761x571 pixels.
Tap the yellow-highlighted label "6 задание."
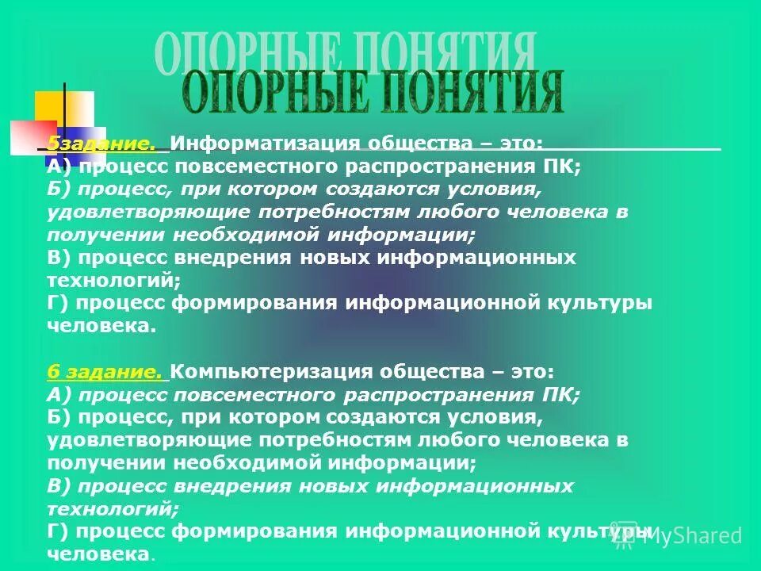tap(105, 372)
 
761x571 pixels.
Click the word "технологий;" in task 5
tap(114, 281)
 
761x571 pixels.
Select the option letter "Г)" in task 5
tap(58, 304)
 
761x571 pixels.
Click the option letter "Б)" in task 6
tap(58, 417)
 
